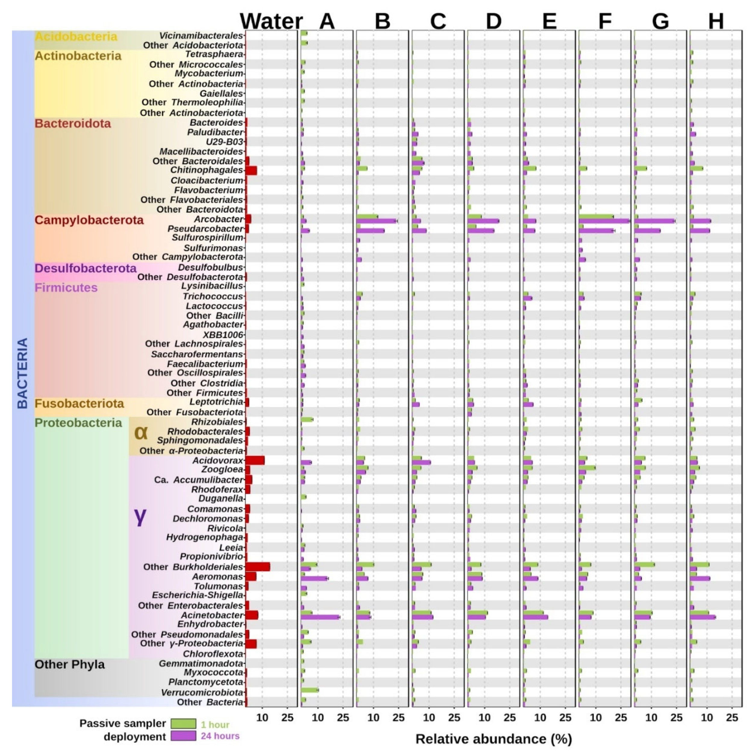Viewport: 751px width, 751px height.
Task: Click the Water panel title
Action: (271, 21)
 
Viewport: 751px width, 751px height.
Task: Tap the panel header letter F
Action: (605, 21)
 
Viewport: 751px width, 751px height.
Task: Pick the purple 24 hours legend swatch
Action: (183, 735)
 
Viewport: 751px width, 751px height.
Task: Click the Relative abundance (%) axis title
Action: (494, 739)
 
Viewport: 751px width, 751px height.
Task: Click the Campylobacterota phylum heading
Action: (89, 220)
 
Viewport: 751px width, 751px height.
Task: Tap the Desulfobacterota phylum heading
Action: (86, 268)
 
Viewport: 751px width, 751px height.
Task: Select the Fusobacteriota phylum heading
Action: (79, 404)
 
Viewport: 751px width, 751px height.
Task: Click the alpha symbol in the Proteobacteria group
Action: (141, 432)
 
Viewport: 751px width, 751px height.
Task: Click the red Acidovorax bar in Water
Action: (255, 460)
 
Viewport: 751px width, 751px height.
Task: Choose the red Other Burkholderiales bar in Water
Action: (258, 566)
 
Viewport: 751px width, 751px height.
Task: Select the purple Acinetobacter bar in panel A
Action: (320, 617)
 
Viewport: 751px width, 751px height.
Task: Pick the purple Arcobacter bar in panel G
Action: (655, 221)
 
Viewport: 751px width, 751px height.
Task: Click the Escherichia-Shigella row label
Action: (198, 595)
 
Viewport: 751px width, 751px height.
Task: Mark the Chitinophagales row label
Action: (206, 170)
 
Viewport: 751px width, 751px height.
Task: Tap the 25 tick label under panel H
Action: (732, 718)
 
